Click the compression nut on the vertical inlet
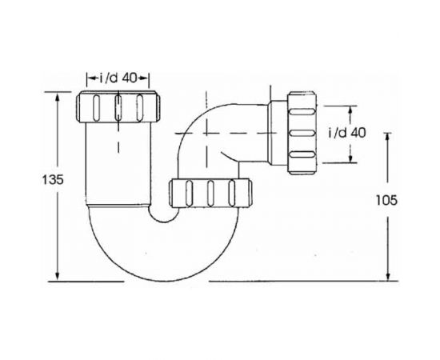[x=118, y=107]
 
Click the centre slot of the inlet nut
[x=118, y=108]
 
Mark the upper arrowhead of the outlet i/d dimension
[x=350, y=106]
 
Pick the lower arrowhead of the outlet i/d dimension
[x=350, y=159]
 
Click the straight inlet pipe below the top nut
[x=118, y=160]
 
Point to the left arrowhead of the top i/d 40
[x=87, y=78]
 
